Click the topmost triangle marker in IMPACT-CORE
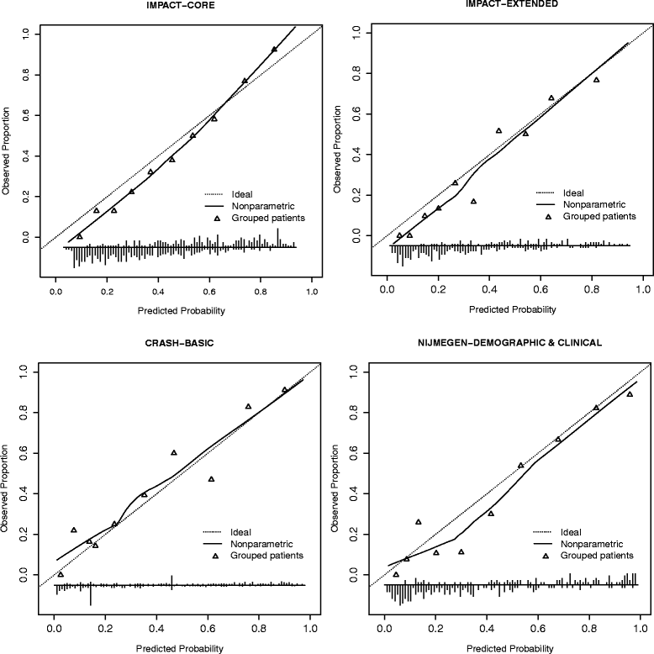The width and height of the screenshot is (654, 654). (x=274, y=50)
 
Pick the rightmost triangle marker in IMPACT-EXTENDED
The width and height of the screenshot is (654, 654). (x=596, y=80)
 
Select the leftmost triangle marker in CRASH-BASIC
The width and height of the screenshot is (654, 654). (x=60, y=574)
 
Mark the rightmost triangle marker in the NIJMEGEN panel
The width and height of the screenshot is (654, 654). (x=630, y=394)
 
